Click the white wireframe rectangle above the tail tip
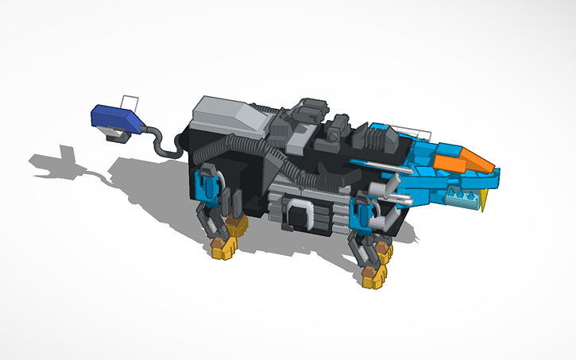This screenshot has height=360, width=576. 130,104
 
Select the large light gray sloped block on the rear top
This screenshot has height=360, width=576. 230,115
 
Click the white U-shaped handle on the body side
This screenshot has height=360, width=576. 300,213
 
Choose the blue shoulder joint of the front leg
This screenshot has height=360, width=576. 366,215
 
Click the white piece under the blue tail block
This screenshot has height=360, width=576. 118,137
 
